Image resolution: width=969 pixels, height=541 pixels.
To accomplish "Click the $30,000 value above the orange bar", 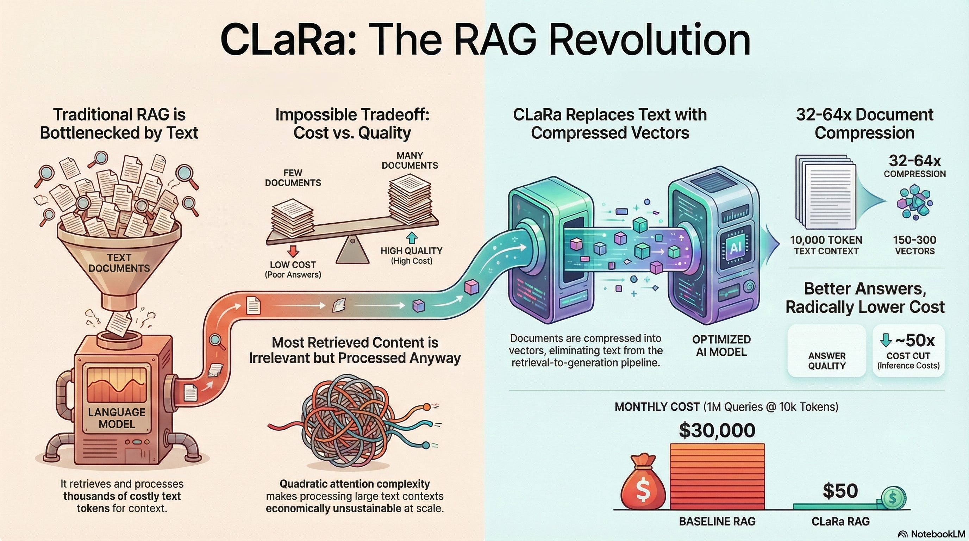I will [717, 430].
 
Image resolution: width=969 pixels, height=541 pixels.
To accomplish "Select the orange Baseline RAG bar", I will [717, 476].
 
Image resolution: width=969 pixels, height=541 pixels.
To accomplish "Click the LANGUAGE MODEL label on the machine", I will [117, 418].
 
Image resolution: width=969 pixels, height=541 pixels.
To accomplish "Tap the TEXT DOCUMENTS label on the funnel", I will [119, 263].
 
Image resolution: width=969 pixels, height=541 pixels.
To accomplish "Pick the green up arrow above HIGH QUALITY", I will [412, 238].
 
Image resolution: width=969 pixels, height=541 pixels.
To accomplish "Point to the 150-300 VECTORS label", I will [914, 245].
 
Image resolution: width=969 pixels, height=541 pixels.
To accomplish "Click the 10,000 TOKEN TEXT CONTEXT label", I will [826, 245].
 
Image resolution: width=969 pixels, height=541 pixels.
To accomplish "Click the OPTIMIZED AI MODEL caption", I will [721, 346].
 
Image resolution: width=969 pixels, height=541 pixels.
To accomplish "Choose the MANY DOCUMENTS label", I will [410, 161].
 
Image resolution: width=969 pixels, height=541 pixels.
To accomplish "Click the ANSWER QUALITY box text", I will [827, 361].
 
